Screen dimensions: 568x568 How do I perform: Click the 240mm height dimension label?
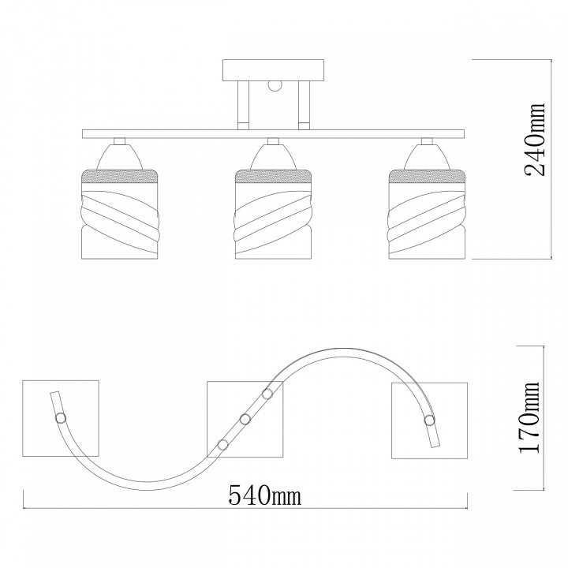pos(535,140)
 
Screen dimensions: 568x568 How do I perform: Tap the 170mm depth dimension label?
pos(529,417)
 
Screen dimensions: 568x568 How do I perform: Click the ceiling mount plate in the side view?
pos(273,71)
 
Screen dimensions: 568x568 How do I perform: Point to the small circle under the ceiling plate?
pos(275,85)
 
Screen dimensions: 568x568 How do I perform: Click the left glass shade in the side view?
pos(120,214)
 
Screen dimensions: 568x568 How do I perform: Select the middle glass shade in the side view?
pos(273,214)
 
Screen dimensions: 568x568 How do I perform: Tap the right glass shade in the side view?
pos(427,214)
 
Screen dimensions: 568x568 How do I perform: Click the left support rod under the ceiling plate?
pos(243,105)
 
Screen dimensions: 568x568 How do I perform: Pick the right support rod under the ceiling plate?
pos(304,105)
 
